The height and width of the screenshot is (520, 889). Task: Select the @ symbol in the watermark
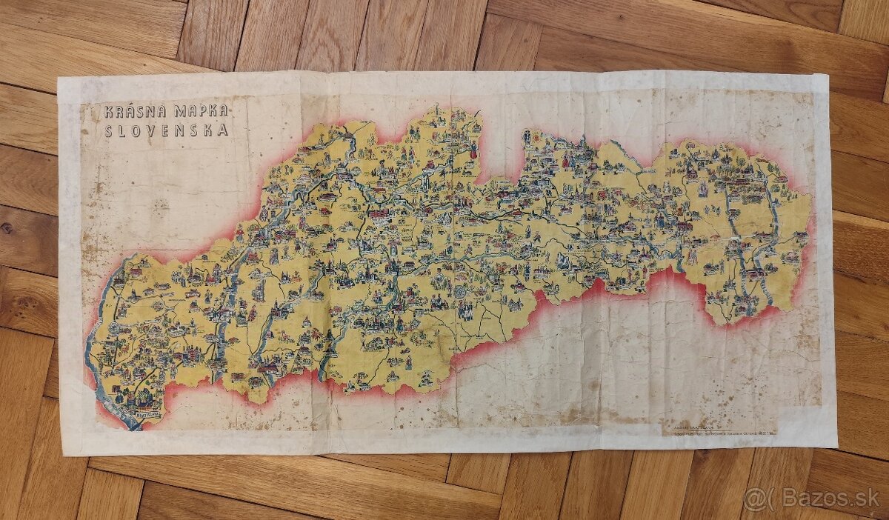coord(754,498)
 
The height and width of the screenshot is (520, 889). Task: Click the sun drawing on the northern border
coord(527,136)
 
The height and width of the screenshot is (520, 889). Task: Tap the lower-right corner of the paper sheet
coord(836,447)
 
